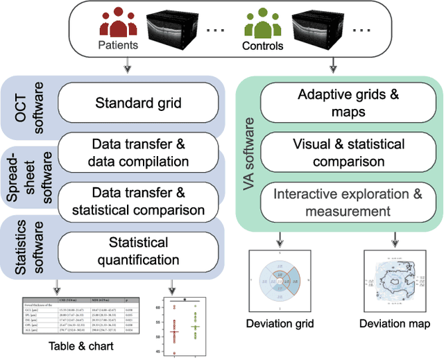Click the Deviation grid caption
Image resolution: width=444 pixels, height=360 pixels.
(280, 324)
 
